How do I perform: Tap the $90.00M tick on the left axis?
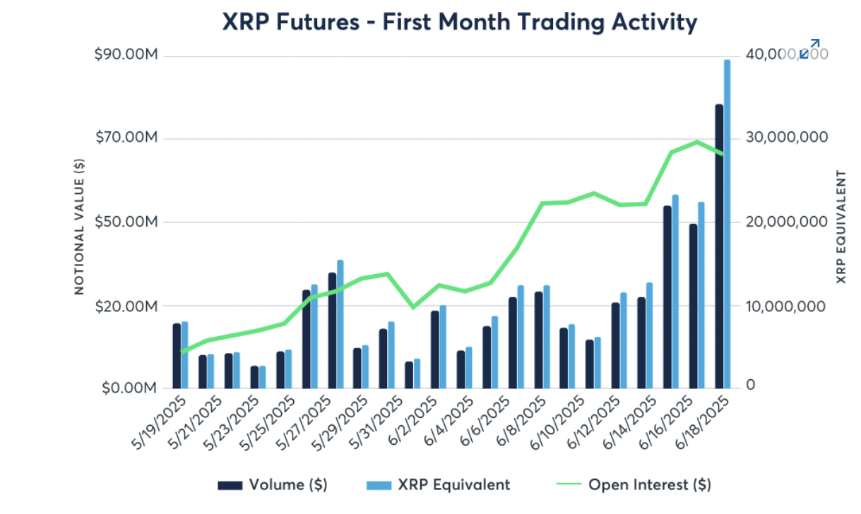[125, 56]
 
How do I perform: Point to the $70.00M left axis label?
[125, 138]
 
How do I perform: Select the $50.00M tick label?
[125, 222]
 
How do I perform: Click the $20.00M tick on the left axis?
[125, 306]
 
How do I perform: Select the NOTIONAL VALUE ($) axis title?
[79, 226]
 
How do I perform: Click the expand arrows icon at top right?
[809, 49]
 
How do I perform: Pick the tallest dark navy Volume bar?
[719, 246]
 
